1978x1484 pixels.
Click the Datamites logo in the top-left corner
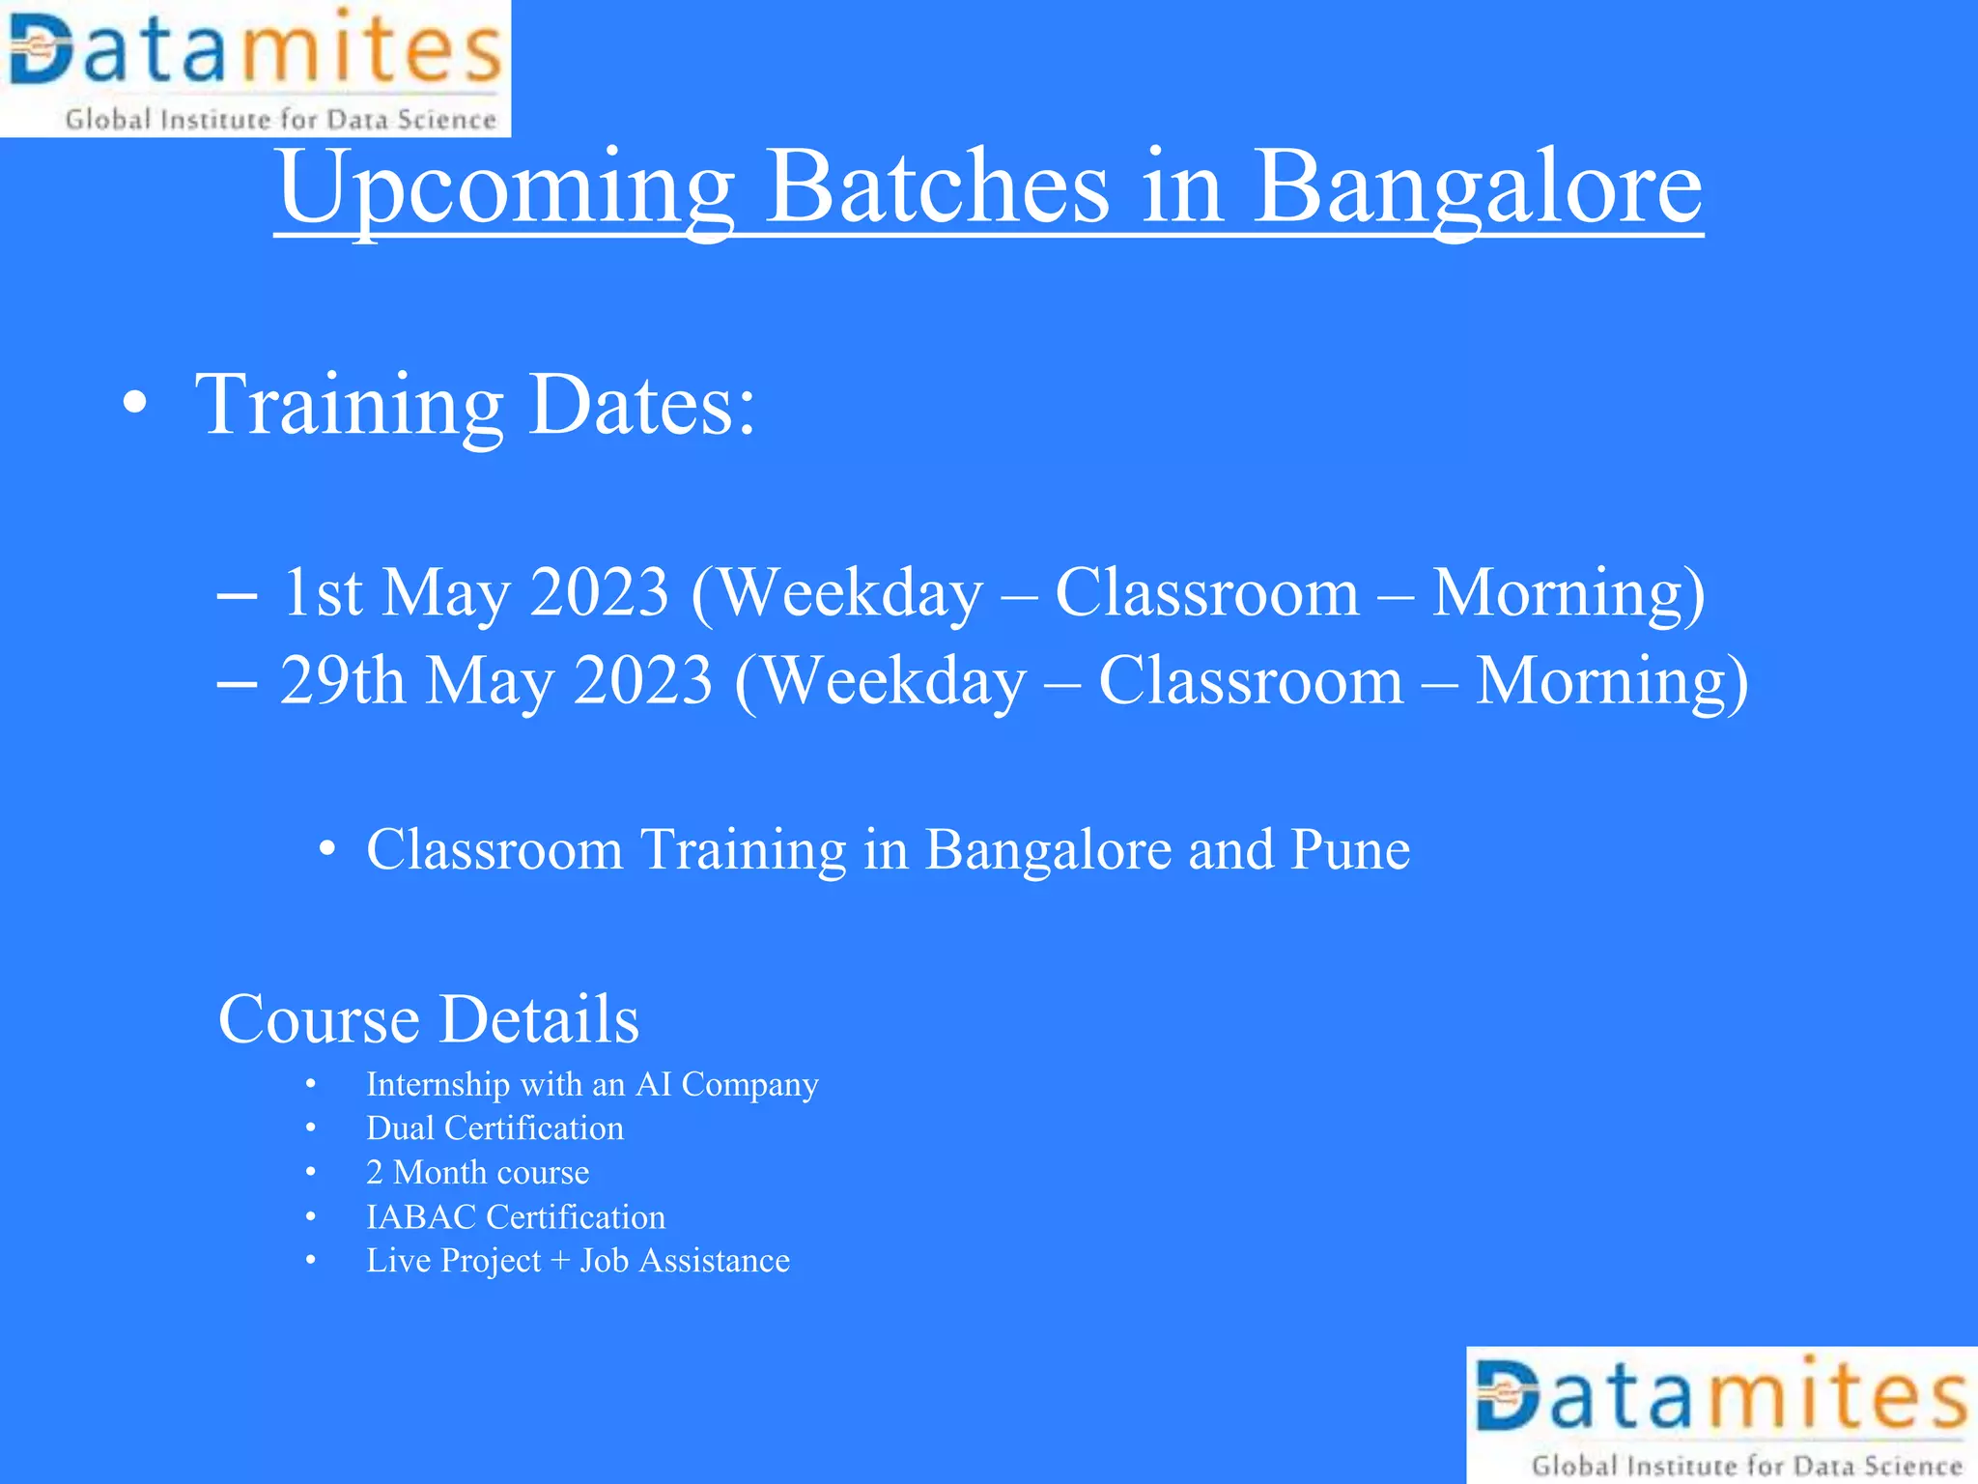[x=255, y=68]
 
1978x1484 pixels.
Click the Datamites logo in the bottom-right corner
[x=1722, y=1414]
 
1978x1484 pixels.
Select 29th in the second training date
[x=342, y=681]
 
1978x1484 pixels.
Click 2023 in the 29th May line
[x=643, y=681]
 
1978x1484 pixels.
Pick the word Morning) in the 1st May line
[x=1568, y=592]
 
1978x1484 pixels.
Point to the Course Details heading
[x=428, y=1019]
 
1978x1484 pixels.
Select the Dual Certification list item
[x=494, y=1128]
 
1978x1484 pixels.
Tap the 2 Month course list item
[x=477, y=1173]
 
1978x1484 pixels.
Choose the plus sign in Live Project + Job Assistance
[x=560, y=1262]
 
